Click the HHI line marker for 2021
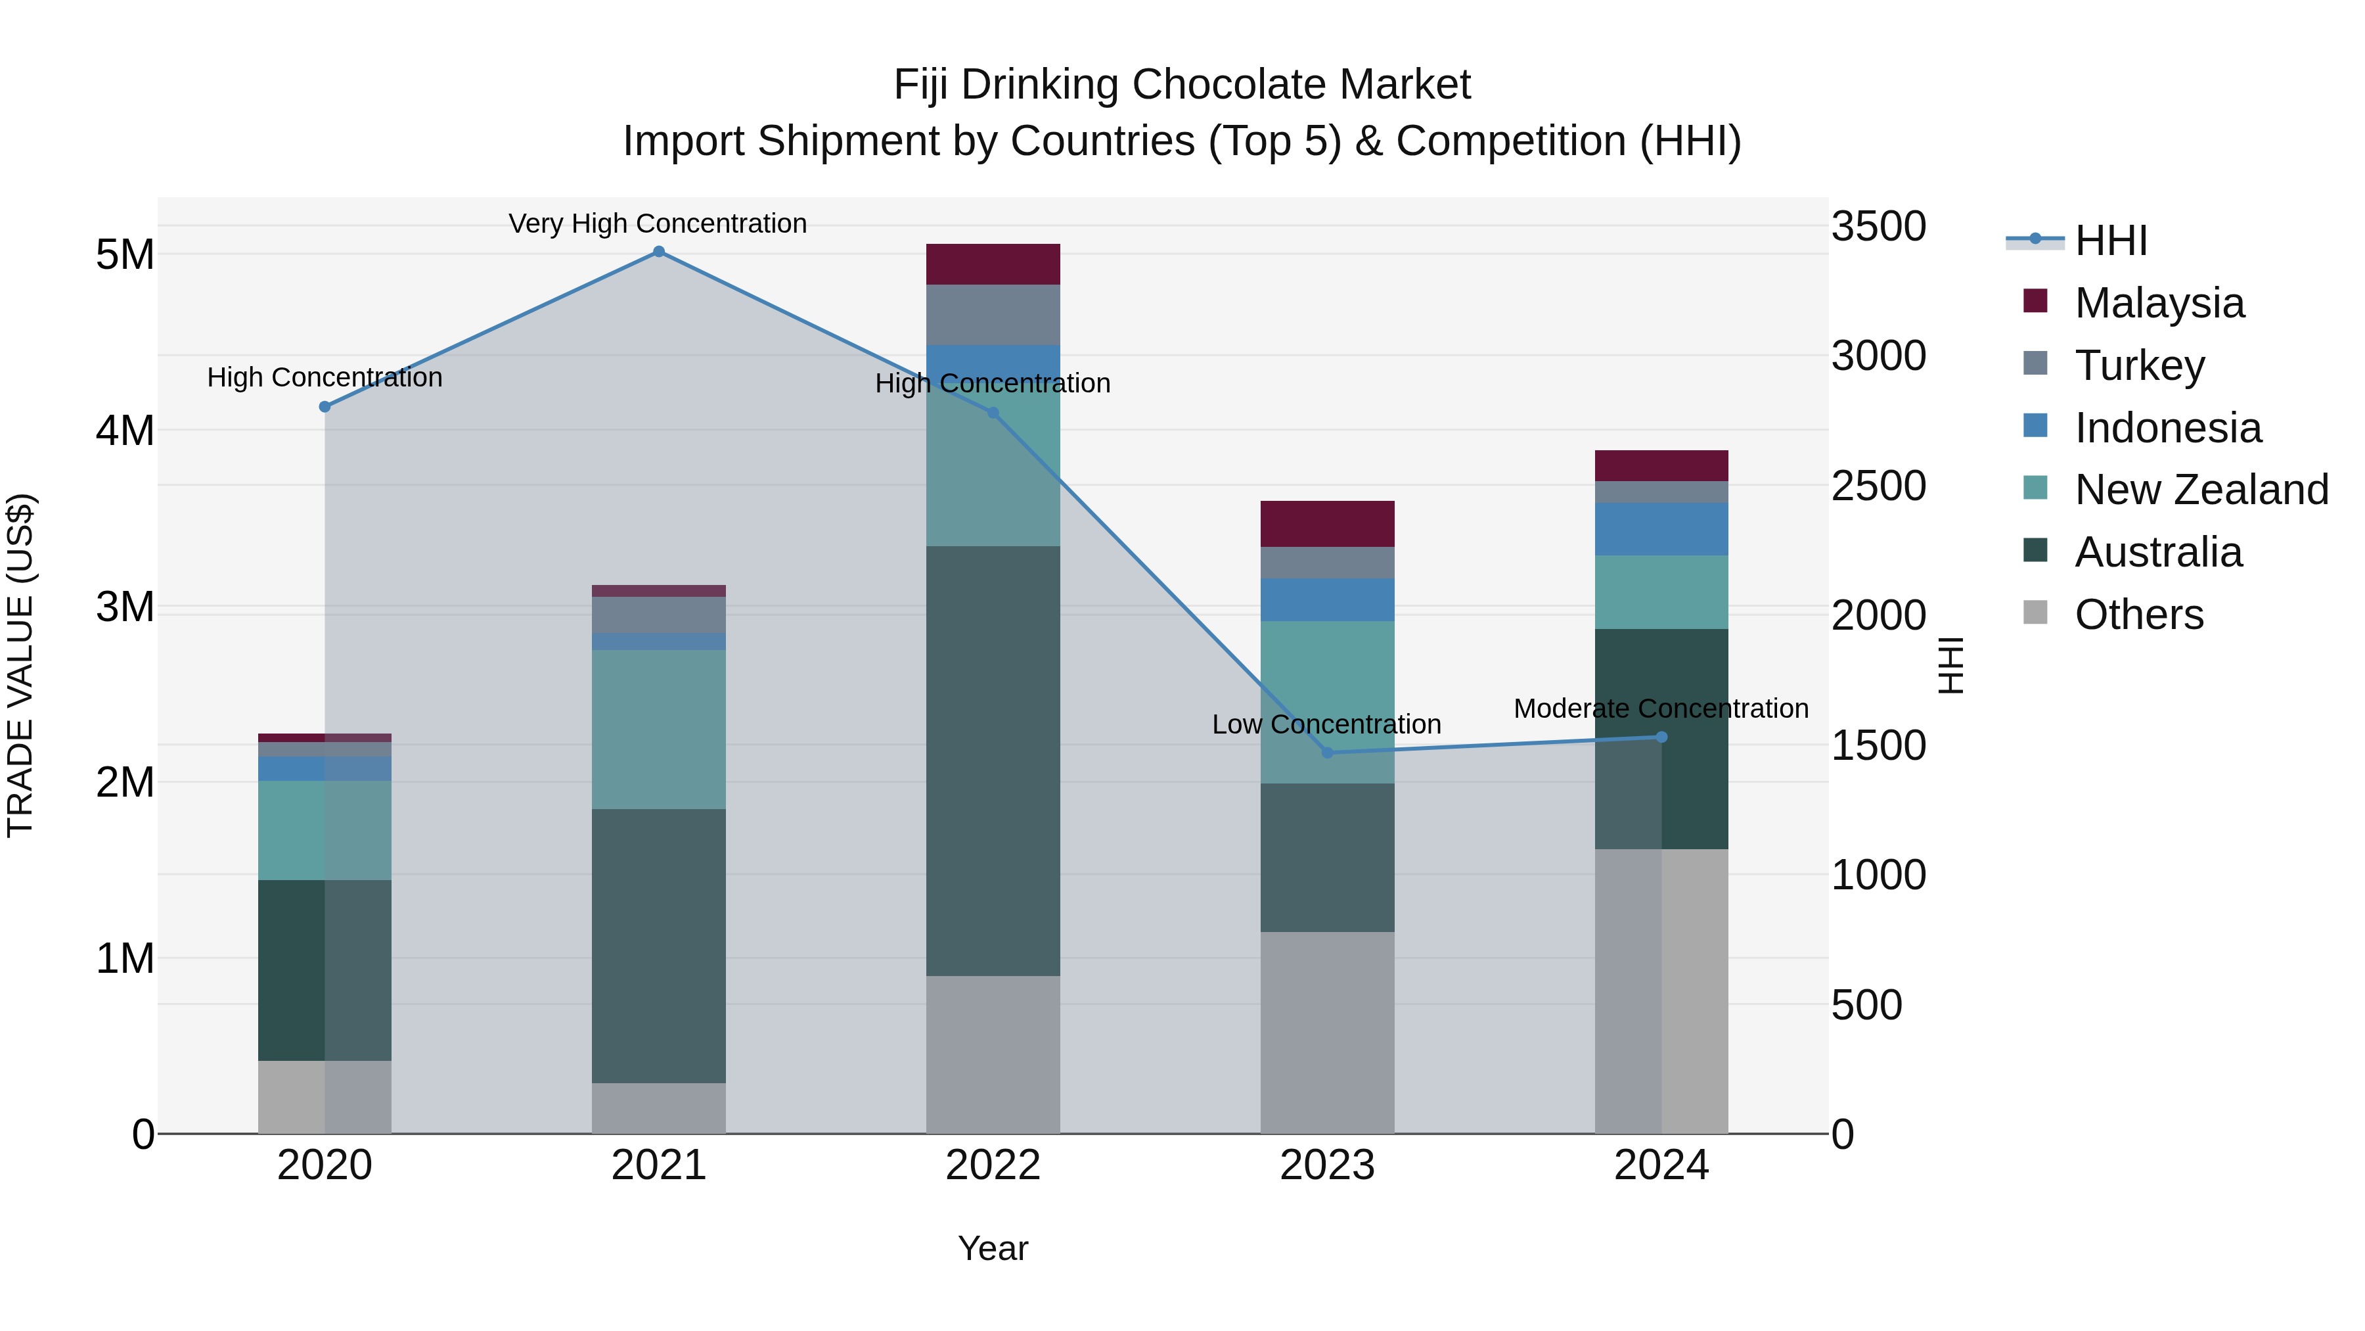[x=658, y=252]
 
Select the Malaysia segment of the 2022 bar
[x=993, y=264]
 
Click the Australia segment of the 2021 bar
[x=658, y=945]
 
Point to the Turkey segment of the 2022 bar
[x=993, y=314]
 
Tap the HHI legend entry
[x=2109, y=241]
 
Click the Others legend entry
[x=2138, y=615]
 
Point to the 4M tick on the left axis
[x=125, y=430]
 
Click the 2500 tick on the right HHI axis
[x=1878, y=486]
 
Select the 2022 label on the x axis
[x=993, y=1165]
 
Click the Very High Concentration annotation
[x=658, y=223]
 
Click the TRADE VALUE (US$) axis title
[x=20, y=665]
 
